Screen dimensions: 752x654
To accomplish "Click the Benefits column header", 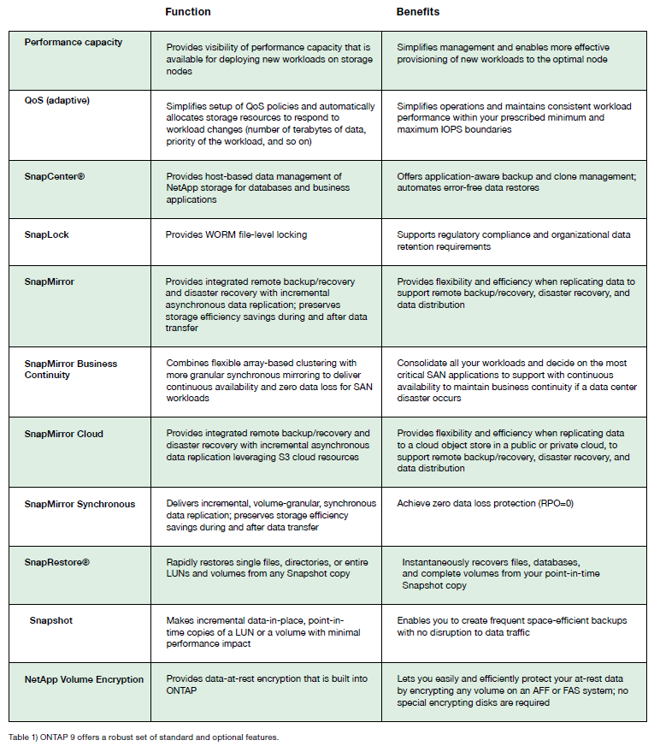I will [417, 12].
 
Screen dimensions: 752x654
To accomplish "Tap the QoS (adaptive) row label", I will [56, 100].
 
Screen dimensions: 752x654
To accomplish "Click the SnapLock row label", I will [46, 234].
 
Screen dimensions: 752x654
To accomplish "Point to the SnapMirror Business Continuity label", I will [70, 369].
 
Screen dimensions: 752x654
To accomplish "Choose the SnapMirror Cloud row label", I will [63, 434].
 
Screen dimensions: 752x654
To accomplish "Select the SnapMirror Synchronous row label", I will [80, 504].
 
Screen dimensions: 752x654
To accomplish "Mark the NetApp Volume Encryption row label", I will [84, 679].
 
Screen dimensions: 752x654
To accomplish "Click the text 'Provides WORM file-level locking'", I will [236, 234].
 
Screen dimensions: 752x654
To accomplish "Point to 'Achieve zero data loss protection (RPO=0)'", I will [485, 504].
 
